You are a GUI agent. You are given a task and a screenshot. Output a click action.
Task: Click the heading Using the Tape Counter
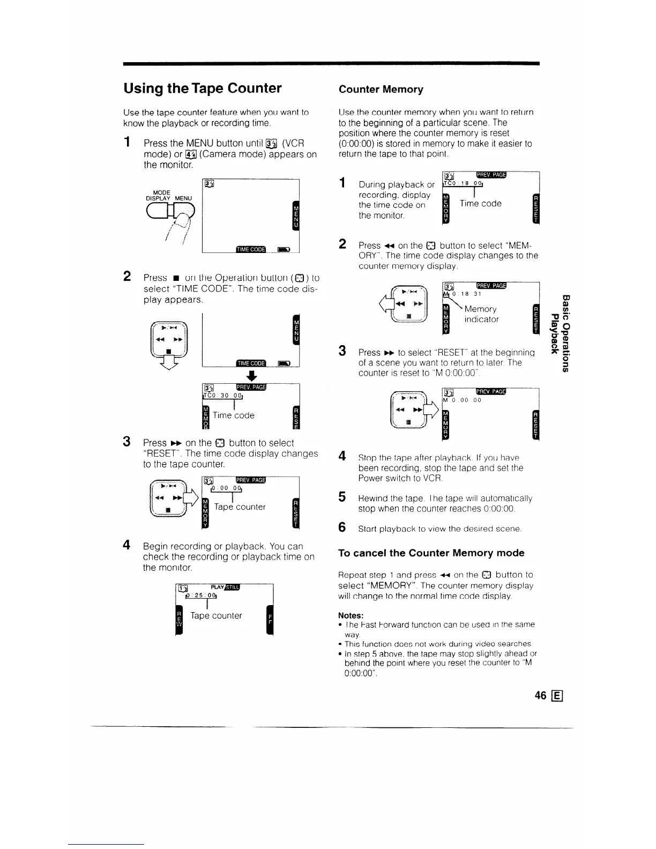203,88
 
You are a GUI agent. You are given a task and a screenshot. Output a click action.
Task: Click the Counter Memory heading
381,90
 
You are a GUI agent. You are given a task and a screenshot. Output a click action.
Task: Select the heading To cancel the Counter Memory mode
431,553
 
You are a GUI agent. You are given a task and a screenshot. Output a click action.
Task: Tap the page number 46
540,695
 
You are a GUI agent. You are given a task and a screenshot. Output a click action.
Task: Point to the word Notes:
351,615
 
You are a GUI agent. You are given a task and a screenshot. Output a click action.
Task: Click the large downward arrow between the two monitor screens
250,375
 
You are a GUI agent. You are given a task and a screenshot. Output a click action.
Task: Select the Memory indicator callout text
481,314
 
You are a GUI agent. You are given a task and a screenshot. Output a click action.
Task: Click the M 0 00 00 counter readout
463,400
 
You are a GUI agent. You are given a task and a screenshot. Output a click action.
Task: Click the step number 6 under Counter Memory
342,527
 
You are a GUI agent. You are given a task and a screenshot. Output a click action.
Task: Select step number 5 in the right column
342,497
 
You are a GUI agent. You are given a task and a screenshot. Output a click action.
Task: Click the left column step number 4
127,545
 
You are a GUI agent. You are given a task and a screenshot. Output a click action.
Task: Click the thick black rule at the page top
331,64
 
